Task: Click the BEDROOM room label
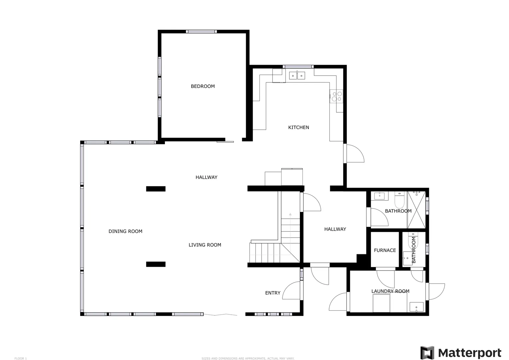pyautogui.click(x=203, y=86)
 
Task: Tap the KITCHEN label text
pyautogui.click(x=298, y=128)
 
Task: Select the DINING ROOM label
pyautogui.click(x=126, y=232)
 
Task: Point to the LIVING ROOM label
pyautogui.click(x=205, y=245)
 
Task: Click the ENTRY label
pyautogui.click(x=273, y=293)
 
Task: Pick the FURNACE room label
pyautogui.click(x=385, y=250)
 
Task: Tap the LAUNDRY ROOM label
pyautogui.click(x=390, y=291)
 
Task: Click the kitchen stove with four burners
pyautogui.click(x=336, y=96)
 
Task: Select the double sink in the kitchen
pyautogui.click(x=297, y=76)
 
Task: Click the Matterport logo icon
pyautogui.click(x=427, y=353)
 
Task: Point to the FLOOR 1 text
pyautogui.click(x=20, y=358)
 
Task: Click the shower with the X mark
pyautogui.click(x=416, y=210)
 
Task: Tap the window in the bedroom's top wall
pyautogui.click(x=201, y=32)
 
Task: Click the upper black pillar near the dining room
pyautogui.click(x=156, y=189)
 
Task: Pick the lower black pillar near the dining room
pyautogui.click(x=156, y=264)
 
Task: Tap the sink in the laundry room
pyautogui.click(x=416, y=307)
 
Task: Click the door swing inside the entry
pyautogui.click(x=291, y=290)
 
